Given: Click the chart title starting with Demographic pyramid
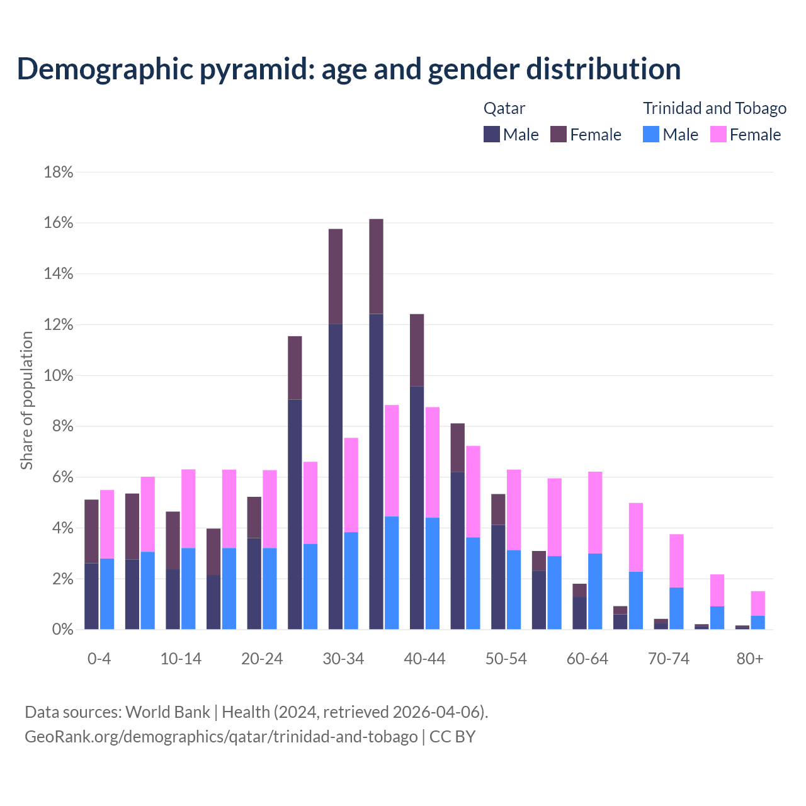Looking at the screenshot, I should tap(349, 69).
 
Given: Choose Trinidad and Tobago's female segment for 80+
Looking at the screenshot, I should tap(758, 603).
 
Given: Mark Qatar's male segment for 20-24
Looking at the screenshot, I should tap(254, 583).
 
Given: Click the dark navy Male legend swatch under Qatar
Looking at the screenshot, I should tap(492, 134).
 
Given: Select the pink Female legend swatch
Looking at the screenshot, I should tap(718, 134).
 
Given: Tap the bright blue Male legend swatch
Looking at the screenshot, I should tap(651, 134).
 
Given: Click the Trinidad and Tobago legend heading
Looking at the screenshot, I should tap(715, 108).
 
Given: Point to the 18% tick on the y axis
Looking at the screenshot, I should tap(59, 173).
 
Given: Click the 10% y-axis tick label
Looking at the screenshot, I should tap(59, 376).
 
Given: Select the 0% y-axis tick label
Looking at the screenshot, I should tap(62, 630).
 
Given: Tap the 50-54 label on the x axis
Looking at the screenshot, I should tap(506, 659).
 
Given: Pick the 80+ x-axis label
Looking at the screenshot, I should tap(750, 659).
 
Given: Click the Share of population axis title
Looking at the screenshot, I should tap(26, 400).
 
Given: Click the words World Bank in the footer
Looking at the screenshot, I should tap(167, 712).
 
